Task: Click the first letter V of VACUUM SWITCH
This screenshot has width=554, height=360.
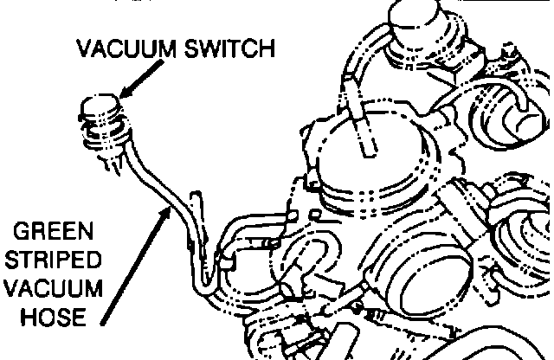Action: click(84, 48)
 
